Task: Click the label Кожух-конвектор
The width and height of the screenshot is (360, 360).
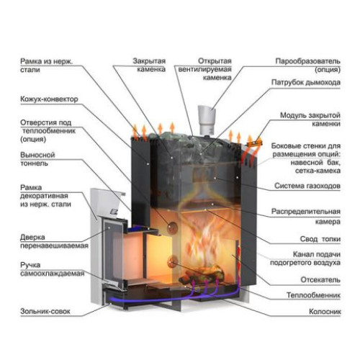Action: click(x=49, y=99)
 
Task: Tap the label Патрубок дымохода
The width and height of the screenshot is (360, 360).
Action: click(x=306, y=83)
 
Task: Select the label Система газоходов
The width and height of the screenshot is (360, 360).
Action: click(x=307, y=186)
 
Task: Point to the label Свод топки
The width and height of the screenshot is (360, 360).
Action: click(x=320, y=239)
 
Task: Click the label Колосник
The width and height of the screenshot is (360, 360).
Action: click(x=325, y=312)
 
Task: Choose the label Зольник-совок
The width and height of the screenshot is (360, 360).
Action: click(x=45, y=311)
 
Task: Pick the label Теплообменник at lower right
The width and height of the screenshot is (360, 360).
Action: click(x=313, y=295)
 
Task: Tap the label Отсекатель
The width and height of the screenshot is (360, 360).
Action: click(x=320, y=280)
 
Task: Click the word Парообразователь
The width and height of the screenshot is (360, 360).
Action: click(x=307, y=61)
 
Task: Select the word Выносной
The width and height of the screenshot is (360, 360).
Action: click(x=37, y=155)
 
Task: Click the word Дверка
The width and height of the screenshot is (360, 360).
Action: click(x=32, y=238)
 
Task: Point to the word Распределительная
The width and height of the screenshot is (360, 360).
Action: click(x=306, y=212)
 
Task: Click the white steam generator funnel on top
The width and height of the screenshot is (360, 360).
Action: click(x=207, y=120)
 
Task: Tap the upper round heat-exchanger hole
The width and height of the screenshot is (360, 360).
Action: click(x=172, y=228)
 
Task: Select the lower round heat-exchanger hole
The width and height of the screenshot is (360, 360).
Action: click(x=172, y=261)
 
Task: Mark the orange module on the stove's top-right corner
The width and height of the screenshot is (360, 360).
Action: click(x=255, y=142)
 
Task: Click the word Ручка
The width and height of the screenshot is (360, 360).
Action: click(x=30, y=265)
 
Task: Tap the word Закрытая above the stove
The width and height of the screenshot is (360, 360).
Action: click(x=149, y=61)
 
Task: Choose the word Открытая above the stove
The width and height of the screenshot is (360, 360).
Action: click(x=215, y=61)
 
